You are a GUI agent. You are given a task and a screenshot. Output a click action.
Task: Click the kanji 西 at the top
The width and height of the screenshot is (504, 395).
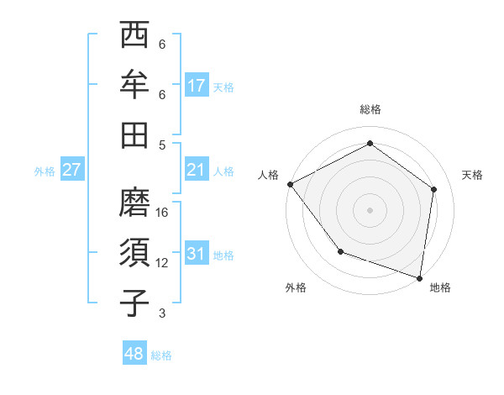[x=135, y=37]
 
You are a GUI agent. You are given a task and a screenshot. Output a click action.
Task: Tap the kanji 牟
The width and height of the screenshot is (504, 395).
[x=135, y=86]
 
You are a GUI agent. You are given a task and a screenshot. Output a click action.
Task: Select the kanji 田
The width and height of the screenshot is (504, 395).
[x=135, y=134]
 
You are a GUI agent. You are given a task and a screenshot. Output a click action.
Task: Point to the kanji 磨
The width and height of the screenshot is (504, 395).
[x=135, y=203]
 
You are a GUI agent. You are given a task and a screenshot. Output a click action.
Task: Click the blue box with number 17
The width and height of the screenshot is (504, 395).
[x=197, y=86]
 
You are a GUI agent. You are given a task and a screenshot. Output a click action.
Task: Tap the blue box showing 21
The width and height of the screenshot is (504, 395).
[x=197, y=170]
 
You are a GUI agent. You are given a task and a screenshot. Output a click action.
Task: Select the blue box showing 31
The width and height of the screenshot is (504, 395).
[x=197, y=254]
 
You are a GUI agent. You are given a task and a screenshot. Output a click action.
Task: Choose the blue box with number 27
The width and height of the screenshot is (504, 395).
[x=72, y=170]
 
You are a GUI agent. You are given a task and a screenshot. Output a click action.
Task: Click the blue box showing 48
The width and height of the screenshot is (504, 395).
[x=134, y=354]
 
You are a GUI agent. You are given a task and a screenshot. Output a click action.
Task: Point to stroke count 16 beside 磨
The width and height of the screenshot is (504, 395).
[x=163, y=212]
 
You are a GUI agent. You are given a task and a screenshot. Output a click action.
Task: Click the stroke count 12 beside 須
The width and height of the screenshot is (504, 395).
[x=163, y=262]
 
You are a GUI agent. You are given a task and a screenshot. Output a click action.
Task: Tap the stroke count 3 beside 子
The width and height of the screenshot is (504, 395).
[x=162, y=313]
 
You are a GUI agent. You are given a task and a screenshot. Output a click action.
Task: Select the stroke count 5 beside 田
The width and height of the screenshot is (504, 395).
[x=162, y=144]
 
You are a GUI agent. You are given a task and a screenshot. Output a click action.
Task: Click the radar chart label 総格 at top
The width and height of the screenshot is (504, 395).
[x=370, y=109]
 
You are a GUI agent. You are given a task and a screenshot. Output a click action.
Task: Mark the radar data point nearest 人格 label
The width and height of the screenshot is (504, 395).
[x=290, y=183]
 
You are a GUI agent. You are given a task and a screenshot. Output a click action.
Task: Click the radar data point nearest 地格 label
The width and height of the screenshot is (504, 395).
[x=419, y=277]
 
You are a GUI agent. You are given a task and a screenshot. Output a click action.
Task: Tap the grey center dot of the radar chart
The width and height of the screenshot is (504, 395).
[x=370, y=209]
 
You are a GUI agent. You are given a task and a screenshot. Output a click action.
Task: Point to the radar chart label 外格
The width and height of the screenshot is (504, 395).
[x=296, y=287]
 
